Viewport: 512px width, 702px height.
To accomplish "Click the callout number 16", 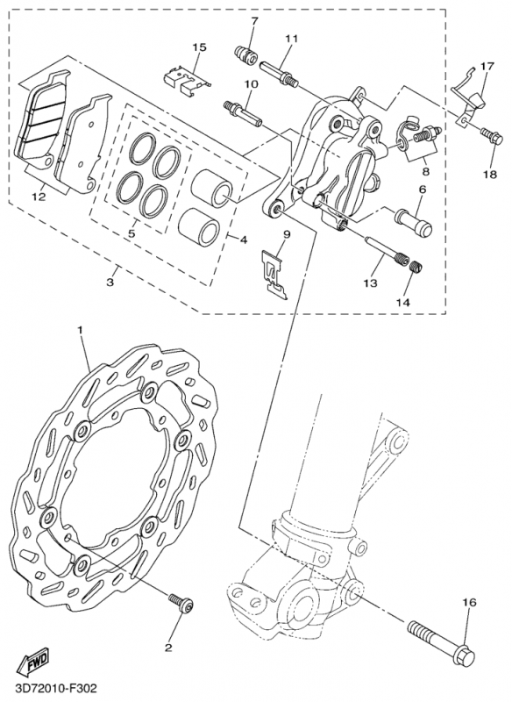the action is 469,602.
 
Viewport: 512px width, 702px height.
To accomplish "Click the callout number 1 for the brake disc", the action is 80,330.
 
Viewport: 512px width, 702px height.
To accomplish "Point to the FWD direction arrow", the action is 34,661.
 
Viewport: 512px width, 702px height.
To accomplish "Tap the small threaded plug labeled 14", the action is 416,268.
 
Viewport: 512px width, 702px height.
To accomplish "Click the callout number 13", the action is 371,283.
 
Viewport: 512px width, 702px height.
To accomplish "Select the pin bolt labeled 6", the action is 413,222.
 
